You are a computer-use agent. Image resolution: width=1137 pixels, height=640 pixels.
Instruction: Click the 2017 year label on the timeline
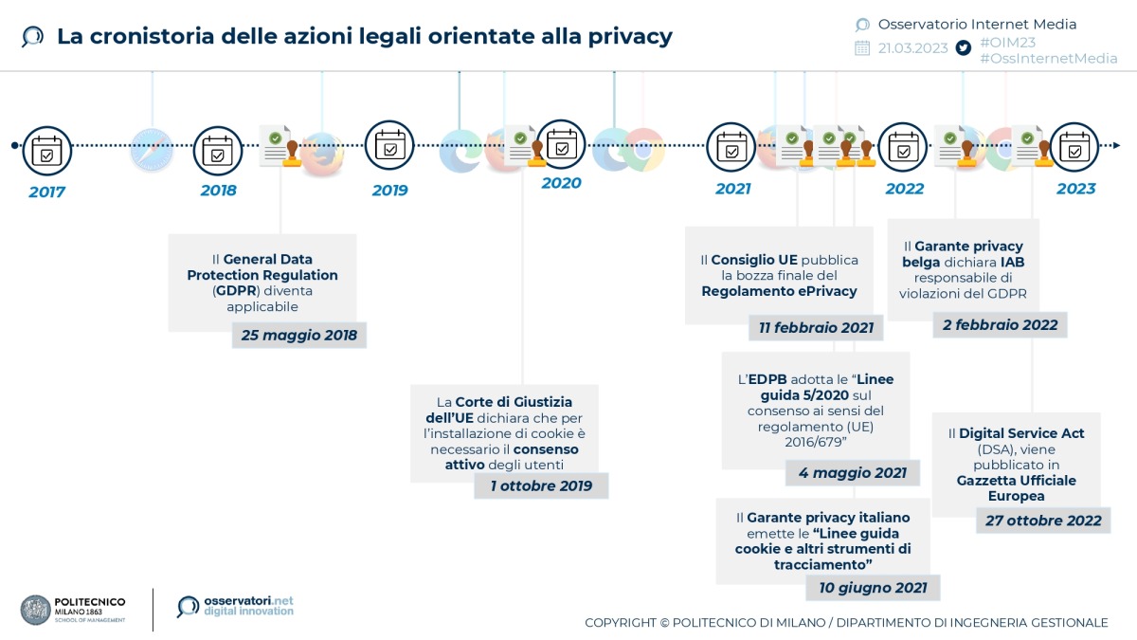46,192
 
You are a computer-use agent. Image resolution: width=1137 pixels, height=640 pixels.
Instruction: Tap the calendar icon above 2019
389,146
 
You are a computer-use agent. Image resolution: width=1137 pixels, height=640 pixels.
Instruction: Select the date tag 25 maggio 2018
298,335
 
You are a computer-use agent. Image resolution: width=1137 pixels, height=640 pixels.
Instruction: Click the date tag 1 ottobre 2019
541,485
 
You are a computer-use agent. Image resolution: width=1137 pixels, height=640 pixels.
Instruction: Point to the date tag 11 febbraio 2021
816,327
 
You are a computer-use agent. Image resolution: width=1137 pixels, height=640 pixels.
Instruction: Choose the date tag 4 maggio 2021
852,472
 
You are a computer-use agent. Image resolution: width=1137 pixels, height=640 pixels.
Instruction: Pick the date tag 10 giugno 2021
873,588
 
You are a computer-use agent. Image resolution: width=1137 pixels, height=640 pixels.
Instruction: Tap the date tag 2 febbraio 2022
1000,324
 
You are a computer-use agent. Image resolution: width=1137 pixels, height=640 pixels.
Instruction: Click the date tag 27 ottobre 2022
1042,520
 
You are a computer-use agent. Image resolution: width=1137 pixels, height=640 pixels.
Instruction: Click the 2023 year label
1075,189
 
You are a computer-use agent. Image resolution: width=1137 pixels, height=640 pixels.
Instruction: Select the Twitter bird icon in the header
964,47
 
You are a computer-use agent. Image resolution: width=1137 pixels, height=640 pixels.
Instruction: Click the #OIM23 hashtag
1007,43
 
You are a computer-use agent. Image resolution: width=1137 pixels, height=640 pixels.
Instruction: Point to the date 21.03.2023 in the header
912,48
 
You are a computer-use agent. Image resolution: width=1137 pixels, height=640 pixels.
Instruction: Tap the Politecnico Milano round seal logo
35,610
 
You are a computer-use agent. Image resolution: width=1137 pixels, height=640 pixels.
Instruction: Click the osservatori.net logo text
248,602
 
